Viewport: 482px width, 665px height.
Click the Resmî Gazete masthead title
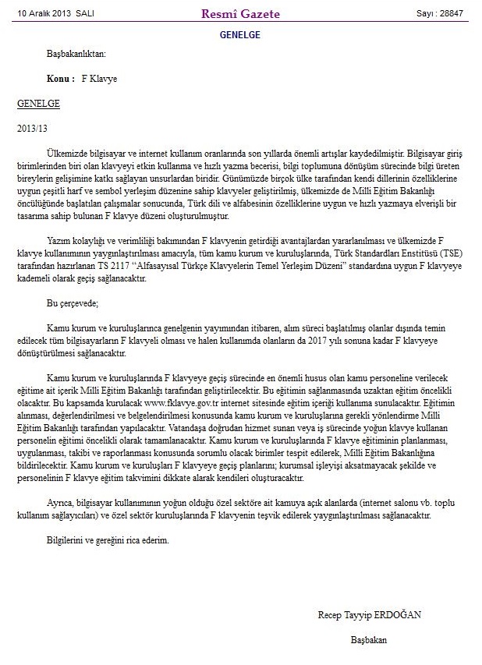[x=241, y=13]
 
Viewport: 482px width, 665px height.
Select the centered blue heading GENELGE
[x=240, y=35]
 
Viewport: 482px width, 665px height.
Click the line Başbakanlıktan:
[x=76, y=55]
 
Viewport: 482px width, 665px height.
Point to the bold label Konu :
[x=60, y=79]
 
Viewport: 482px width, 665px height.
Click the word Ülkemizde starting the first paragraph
[x=66, y=147]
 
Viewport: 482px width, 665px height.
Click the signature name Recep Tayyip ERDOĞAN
[x=369, y=614]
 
